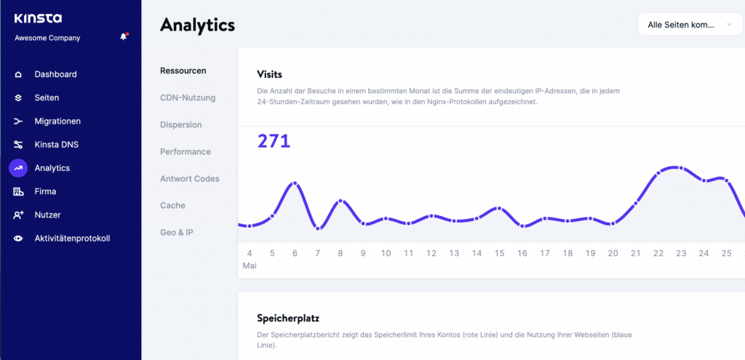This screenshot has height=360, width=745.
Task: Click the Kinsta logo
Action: coord(38,18)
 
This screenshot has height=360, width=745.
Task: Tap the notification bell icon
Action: coord(124,37)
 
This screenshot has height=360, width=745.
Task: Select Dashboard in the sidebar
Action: coord(55,74)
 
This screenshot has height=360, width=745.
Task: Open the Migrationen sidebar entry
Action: coord(57,121)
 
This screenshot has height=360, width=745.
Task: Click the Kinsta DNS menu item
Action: coord(56,145)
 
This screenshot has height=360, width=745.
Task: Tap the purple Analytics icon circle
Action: coord(18,168)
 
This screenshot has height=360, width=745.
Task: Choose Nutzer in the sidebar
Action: coord(47,215)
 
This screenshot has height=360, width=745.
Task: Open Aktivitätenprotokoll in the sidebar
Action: coord(72,239)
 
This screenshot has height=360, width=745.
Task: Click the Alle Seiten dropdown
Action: coord(690,25)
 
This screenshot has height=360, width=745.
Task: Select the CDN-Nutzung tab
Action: coord(188,97)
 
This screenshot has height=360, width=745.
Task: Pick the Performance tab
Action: coord(186,152)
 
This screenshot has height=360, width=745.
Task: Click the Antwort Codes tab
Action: coord(189,179)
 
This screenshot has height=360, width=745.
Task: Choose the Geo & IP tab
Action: coord(177,233)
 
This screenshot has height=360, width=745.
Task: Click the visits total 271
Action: coord(274,141)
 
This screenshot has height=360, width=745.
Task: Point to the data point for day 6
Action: coord(295,183)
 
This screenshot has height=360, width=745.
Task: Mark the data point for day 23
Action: coord(681,168)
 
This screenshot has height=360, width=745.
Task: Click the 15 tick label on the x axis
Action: coord(499,253)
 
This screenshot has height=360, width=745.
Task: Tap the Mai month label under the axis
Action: coord(250,266)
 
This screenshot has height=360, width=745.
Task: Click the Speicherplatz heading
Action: coord(288,319)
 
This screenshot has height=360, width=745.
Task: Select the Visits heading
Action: coord(269,74)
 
